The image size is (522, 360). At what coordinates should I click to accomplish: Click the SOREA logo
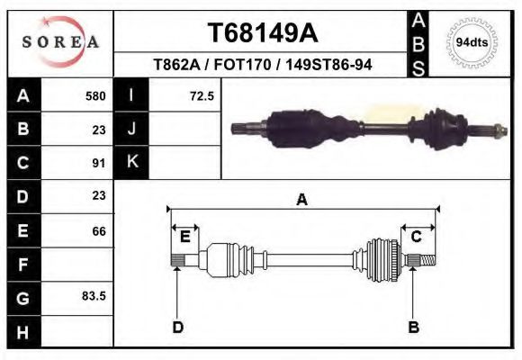pyautogui.click(x=60, y=41)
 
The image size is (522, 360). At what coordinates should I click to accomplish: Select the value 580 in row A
pyautogui.click(x=95, y=96)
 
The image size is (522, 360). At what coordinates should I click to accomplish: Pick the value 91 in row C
pyautogui.click(x=99, y=163)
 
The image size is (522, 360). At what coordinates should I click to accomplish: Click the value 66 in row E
pyautogui.click(x=99, y=231)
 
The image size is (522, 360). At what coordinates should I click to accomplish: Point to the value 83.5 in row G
pyautogui.click(x=94, y=295)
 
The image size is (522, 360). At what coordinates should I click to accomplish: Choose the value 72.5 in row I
pyautogui.click(x=202, y=96)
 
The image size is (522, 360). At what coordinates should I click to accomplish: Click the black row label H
pyautogui.click(x=22, y=331)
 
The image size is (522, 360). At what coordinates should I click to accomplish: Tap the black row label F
pyautogui.click(x=22, y=265)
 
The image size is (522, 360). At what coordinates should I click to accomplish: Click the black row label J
pyautogui.click(x=131, y=129)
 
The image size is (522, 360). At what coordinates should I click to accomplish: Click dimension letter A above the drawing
pyautogui.click(x=301, y=200)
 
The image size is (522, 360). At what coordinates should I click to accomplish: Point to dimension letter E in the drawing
pyautogui.click(x=184, y=237)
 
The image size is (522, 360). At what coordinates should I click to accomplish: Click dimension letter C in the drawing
pyautogui.click(x=417, y=237)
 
